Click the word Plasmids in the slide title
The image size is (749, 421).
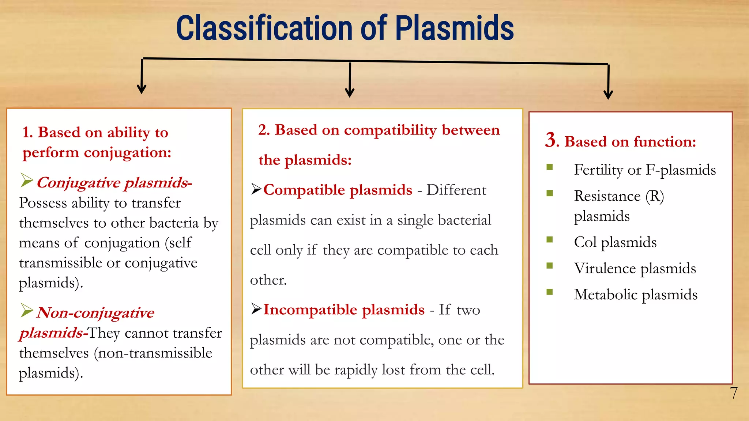pyautogui.click(x=454, y=29)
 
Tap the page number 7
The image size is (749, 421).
pyautogui.click(x=734, y=393)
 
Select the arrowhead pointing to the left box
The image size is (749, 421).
pyautogui.click(x=142, y=89)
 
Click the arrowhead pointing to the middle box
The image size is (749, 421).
pyautogui.click(x=350, y=92)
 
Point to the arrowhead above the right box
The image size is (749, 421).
pyautogui.click(x=608, y=94)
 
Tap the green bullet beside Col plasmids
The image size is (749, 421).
pyautogui.click(x=549, y=240)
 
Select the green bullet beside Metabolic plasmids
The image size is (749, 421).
pyautogui.click(x=549, y=292)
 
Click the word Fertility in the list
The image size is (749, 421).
pyautogui.click(x=598, y=170)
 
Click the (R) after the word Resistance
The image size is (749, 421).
pyautogui.click(x=655, y=196)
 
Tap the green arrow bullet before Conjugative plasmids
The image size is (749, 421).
pyautogui.click(x=27, y=180)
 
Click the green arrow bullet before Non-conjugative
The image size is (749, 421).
pyautogui.click(x=27, y=310)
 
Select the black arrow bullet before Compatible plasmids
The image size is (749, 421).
pyautogui.click(x=256, y=189)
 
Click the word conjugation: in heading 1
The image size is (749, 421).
pyautogui.click(x=128, y=153)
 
